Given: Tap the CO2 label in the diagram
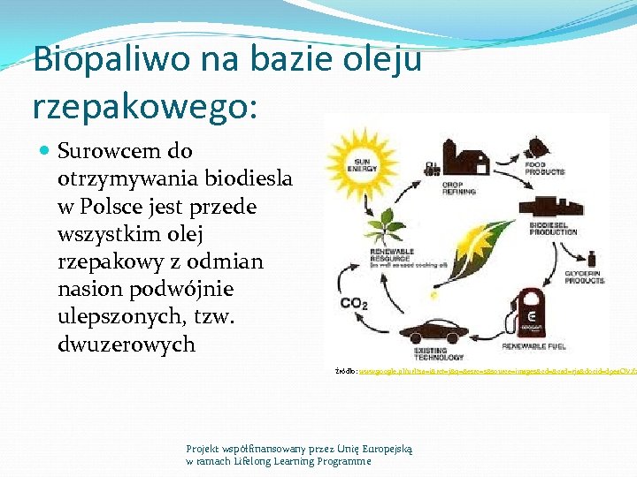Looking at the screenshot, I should click(354, 304).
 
